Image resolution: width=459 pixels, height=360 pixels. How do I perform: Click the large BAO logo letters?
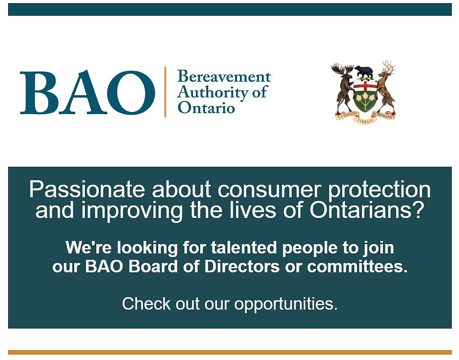pos(87,92)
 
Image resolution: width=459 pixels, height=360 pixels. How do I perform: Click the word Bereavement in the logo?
pos(224,77)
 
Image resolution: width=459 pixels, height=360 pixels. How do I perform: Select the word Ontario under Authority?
pos(206,107)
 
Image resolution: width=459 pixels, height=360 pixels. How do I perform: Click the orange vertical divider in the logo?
pos(165,92)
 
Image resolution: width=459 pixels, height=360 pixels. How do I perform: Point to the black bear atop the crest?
pos(364,72)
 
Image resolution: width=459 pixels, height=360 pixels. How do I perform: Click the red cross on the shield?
pos(365,86)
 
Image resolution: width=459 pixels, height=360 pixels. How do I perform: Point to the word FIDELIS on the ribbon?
pos(365,120)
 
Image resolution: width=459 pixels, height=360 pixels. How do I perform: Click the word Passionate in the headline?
pos(87,190)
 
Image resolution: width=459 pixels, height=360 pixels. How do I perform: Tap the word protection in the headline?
pos(379,190)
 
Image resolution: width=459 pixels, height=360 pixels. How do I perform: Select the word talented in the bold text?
pos(244,248)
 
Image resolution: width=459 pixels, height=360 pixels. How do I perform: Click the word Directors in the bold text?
pos(242,267)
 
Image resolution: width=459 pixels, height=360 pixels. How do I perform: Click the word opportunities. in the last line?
pos(286,304)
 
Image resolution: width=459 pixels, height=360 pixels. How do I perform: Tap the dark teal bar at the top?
pos(230,9)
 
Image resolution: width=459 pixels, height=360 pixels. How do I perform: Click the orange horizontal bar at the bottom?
pos(230,352)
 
